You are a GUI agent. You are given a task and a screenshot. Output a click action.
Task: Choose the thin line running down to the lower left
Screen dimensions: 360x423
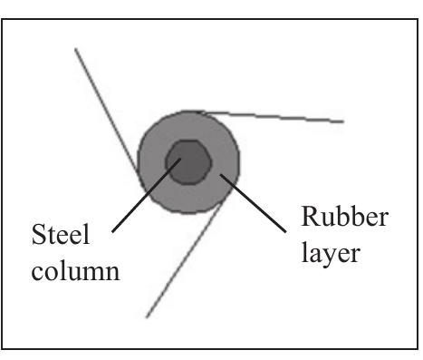click(182, 263)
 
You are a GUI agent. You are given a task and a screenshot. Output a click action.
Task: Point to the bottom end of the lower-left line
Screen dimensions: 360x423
click(146, 317)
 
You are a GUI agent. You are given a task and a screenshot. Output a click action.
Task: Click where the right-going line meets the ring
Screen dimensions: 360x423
click(205, 112)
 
